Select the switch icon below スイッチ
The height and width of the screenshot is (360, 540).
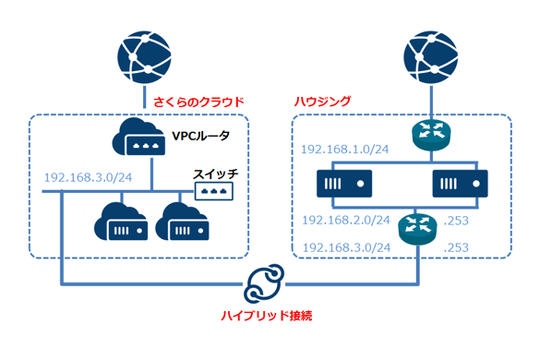coord(212,190)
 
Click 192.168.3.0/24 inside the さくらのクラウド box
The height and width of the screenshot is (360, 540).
coord(84,178)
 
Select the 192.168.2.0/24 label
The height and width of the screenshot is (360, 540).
coord(344,222)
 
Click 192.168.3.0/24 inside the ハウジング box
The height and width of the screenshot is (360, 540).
coord(344,247)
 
